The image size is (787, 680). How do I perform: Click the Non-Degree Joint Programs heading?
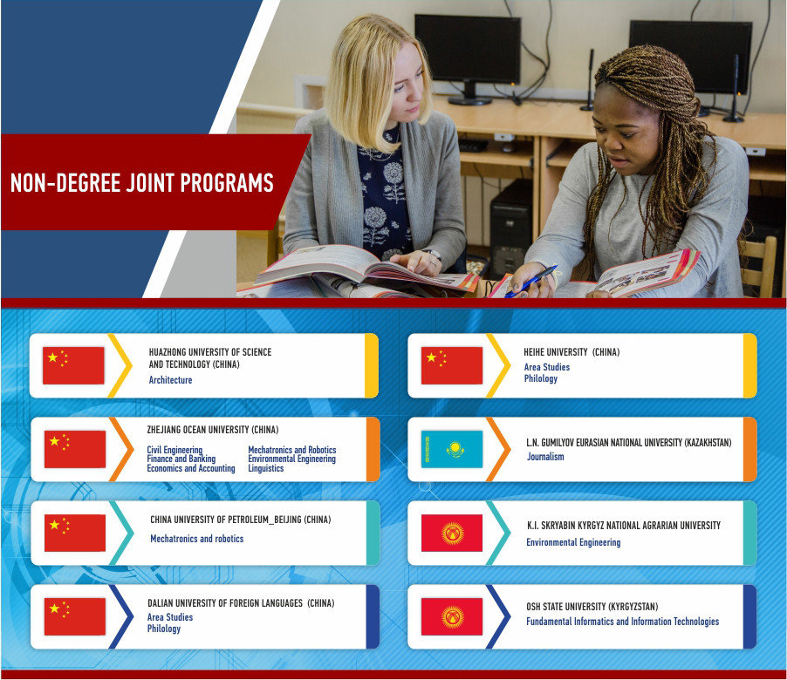[x=141, y=183]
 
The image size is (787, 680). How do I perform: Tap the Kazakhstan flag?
[x=452, y=449]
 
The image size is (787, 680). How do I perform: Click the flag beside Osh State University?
[x=452, y=617]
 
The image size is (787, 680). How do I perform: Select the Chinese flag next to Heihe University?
[x=452, y=365]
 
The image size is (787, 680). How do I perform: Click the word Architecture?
[x=170, y=380]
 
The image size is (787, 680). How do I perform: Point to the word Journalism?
[x=545, y=456]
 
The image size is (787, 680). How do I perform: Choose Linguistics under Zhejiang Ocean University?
[x=265, y=468]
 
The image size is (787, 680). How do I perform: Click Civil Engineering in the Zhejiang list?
[x=175, y=450]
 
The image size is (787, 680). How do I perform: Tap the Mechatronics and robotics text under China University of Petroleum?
[x=197, y=539]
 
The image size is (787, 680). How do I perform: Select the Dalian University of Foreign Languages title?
[x=241, y=602]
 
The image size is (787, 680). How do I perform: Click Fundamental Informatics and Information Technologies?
[x=622, y=622]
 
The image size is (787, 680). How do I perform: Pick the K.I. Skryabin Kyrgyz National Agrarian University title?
[x=623, y=526]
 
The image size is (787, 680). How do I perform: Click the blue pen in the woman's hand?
[x=530, y=282]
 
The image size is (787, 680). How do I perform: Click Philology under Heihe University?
[x=541, y=378]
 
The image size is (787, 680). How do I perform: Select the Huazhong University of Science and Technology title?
[x=209, y=358]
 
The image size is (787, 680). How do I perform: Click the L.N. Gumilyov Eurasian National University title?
[x=629, y=442]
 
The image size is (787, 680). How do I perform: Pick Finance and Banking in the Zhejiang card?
[x=181, y=459]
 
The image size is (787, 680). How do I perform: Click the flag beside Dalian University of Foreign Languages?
[x=75, y=617]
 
